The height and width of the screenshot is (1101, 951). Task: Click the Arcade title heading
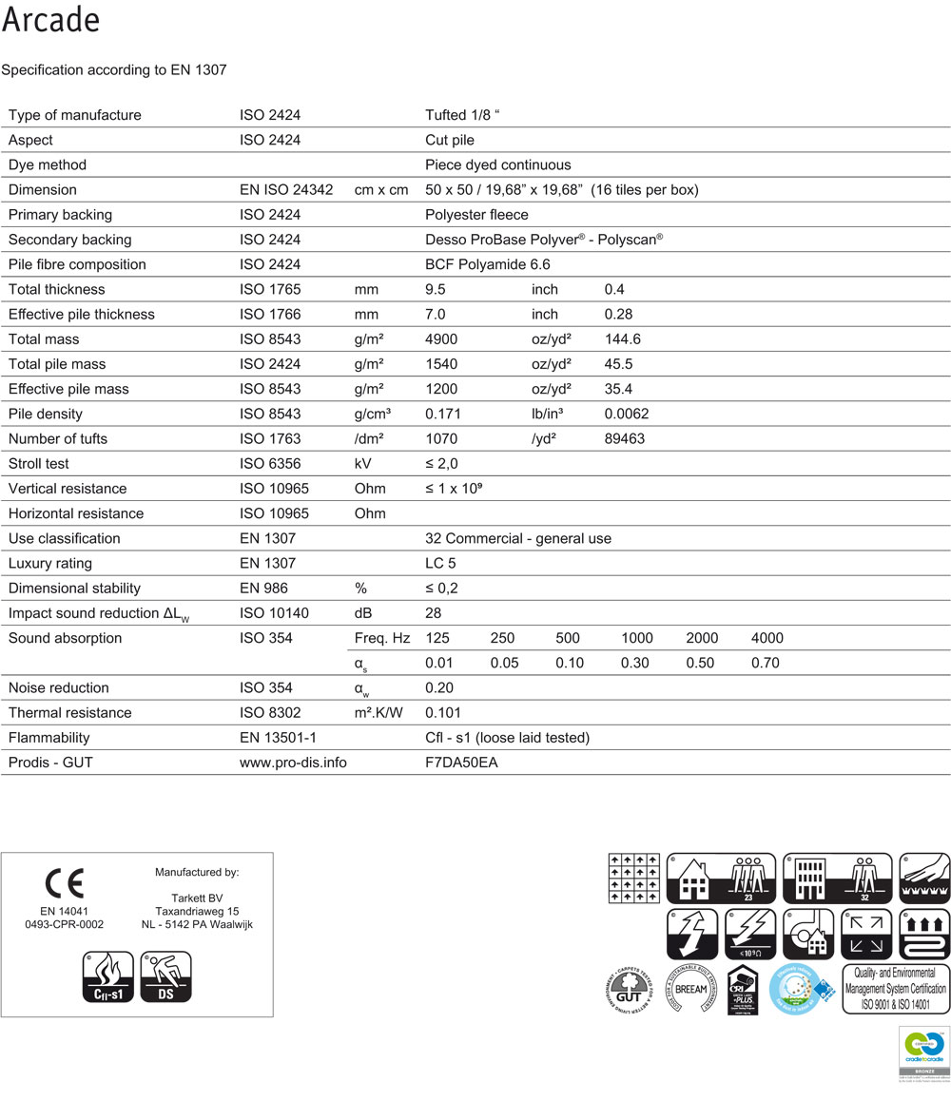[x=51, y=20]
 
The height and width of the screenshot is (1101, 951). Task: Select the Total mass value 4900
[x=441, y=339]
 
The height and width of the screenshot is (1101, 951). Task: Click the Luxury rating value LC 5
[x=440, y=563]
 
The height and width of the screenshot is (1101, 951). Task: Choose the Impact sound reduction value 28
[x=434, y=613]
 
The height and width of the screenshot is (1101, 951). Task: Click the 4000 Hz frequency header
[x=767, y=638]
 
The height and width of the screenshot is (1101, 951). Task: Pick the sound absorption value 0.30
[x=634, y=663]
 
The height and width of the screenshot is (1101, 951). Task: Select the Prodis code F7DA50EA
[x=461, y=763]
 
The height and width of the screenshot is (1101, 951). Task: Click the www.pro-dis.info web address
[x=293, y=763]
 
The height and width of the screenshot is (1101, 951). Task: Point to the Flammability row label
[x=49, y=738]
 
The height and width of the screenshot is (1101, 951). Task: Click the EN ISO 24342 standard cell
[x=286, y=190]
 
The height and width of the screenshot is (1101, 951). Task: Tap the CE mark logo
[x=65, y=883]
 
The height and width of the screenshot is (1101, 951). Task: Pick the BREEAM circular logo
[x=690, y=989]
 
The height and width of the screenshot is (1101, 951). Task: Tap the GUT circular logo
[x=631, y=989]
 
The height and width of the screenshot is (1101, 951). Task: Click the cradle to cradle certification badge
[x=923, y=1052]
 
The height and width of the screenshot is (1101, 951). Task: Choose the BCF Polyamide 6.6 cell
[x=488, y=264]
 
